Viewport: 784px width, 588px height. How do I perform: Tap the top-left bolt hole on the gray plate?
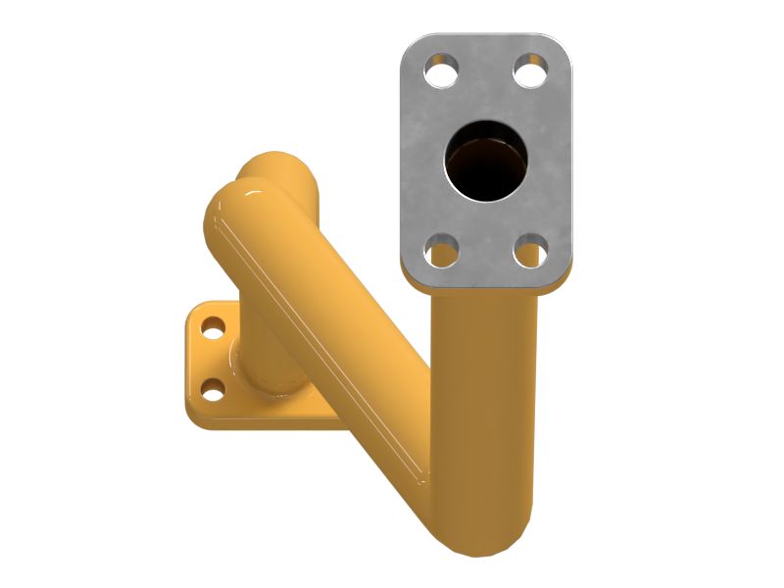pos(441,71)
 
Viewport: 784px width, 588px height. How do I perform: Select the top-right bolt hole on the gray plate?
pos(530,71)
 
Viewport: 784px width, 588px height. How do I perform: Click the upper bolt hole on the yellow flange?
pos(212,325)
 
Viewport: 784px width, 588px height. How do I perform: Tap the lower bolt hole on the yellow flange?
pos(212,392)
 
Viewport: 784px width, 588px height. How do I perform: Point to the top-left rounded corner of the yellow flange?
pos(196,309)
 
